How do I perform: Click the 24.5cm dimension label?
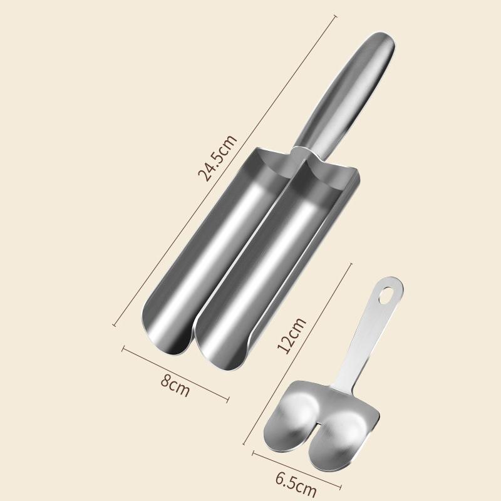coord(217,158)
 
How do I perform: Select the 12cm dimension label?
coord(291,336)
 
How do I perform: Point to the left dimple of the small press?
coord(301,412)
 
